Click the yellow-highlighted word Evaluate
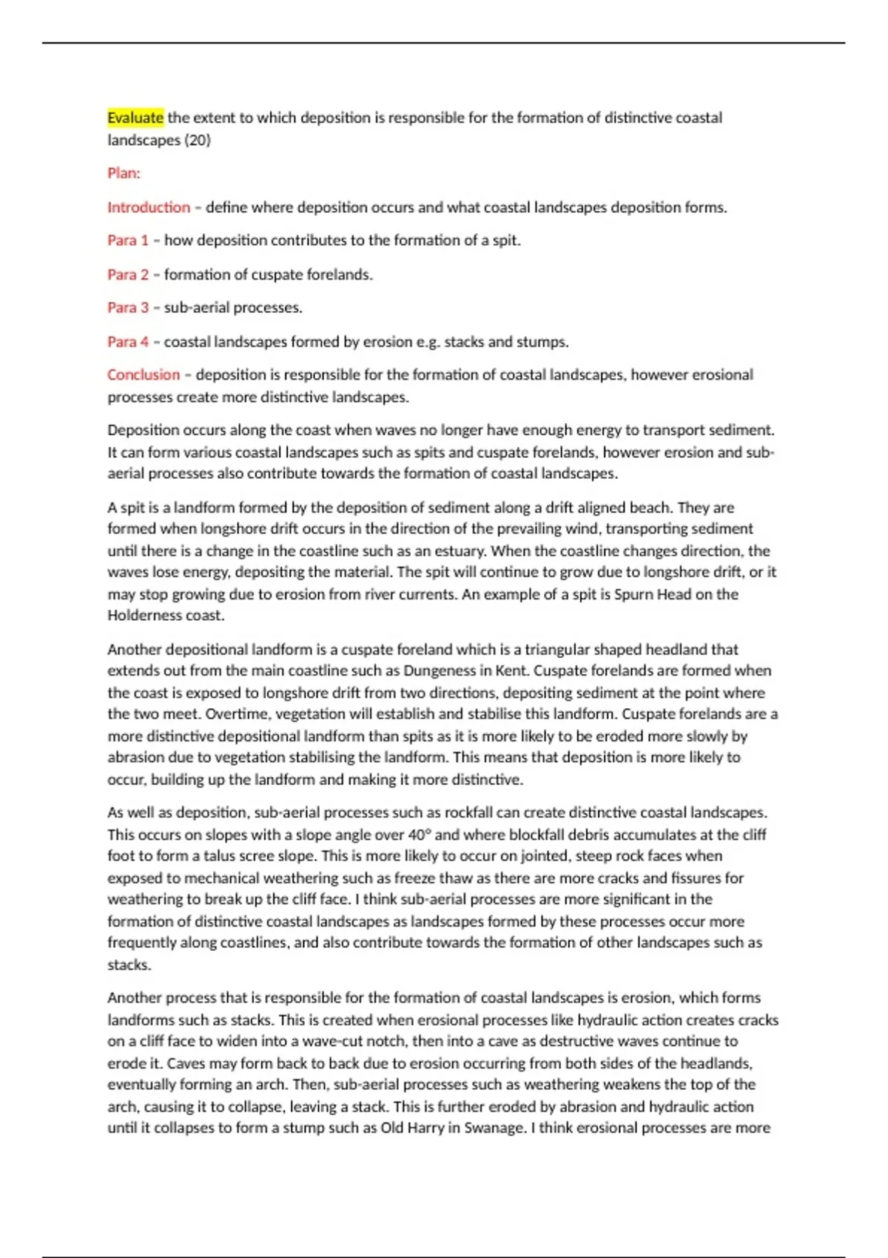(135, 118)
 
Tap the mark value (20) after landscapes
(198, 140)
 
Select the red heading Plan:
(124, 173)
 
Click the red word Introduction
(149, 207)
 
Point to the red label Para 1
(128, 240)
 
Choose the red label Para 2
(128, 275)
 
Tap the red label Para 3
(128, 307)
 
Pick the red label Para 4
(128, 342)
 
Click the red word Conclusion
(144, 374)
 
